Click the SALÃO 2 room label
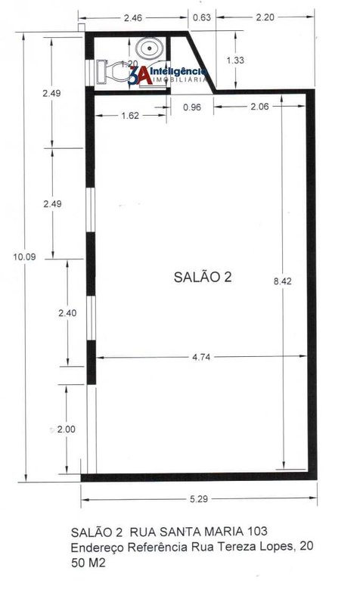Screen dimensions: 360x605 coord(203,277)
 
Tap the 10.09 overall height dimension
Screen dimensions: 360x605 coord(24,256)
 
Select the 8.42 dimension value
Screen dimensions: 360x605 coord(282,281)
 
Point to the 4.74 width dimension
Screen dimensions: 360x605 coord(201,357)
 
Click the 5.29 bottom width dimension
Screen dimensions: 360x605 coord(199,499)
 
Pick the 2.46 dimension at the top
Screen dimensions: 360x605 coord(133,17)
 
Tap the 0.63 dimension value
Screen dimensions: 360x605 coord(202,17)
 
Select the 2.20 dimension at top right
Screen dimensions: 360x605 coord(265,17)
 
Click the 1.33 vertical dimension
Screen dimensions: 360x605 coord(235,60)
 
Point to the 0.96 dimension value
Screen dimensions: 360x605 coord(192,107)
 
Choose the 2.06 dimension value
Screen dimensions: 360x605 coord(259,107)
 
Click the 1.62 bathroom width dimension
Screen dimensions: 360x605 coord(130,116)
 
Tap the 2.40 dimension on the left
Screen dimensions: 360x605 coord(67,313)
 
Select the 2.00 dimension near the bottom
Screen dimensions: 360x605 coord(67,429)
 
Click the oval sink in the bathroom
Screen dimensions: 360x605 coord(149,48)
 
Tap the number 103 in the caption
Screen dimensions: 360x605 coord(256,532)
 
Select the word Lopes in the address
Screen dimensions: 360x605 coord(278,547)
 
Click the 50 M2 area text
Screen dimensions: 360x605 coord(88,563)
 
